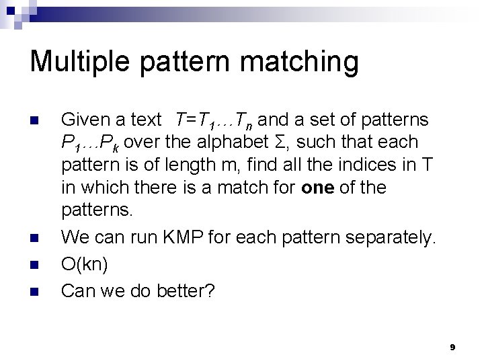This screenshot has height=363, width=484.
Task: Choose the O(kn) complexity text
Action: pyautogui.click(x=84, y=264)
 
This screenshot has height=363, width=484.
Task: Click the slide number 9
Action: pyautogui.click(x=452, y=348)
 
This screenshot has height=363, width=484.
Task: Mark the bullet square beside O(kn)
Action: pyautogui.click(x=36, y=264)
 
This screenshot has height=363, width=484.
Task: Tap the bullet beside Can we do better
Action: pyautogui.click(x=36, y=291)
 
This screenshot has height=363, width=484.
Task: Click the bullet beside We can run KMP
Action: pyautogui.click(x=36, y=237)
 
